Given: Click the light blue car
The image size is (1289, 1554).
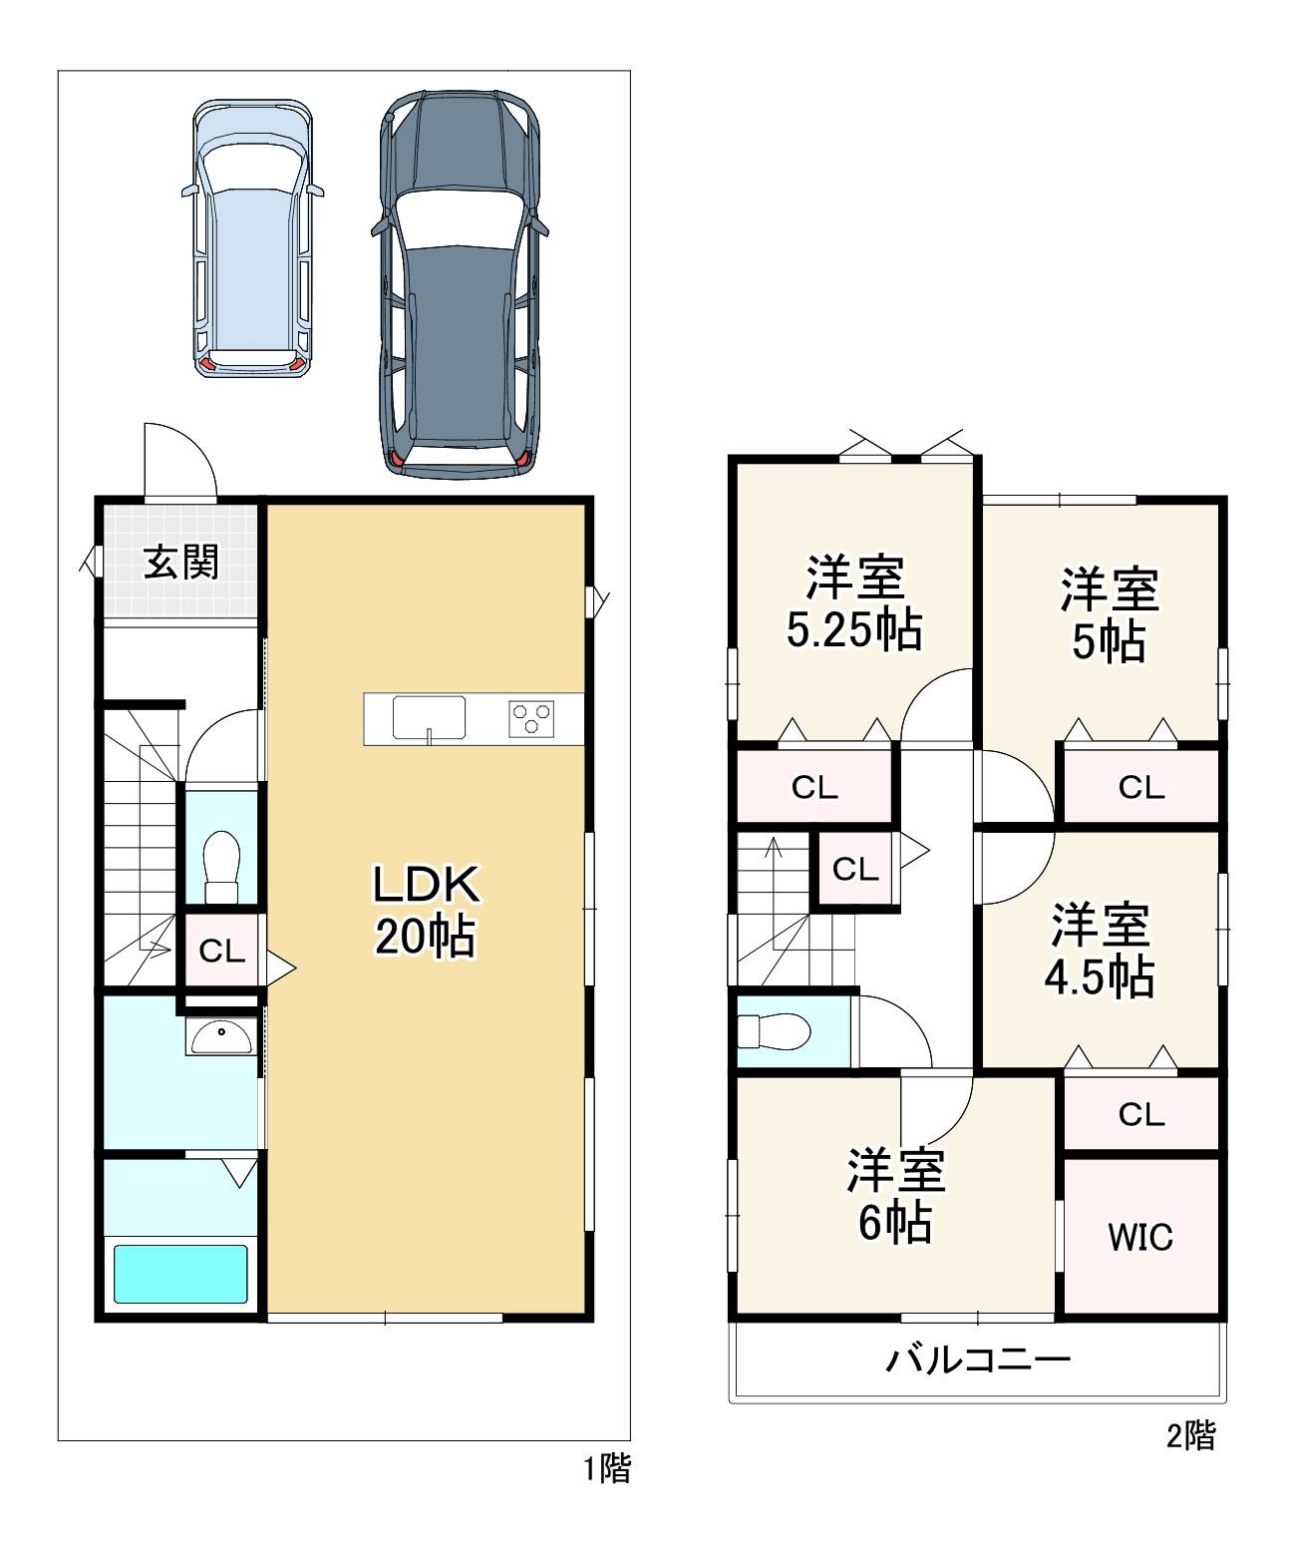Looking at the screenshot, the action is pyautogui.click(x=253, y=239).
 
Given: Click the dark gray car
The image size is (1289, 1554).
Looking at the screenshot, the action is pyautogui.click(x=460, y=283).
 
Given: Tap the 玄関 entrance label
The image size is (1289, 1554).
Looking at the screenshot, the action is pyautogui.click(x=181, y=563).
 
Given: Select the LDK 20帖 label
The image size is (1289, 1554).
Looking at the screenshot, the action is pyautogui.click(x=427, y=910).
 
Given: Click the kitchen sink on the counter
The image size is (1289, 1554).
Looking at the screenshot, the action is pyautogui.click(x=430, y=718).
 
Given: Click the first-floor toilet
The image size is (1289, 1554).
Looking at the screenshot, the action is pyautogui.click(x=221, y=867).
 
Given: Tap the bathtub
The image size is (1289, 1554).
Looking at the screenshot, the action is pyautogui.click(x=180, y=1274).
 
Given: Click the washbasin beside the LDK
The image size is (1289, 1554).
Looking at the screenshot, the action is pyautogui.click(x=221, y=1037).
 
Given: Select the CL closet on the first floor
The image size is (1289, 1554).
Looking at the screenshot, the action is pyautogui.click(x=221, y=952).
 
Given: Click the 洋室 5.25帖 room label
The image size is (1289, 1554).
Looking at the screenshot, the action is pyautogui.click(x=854, y=602).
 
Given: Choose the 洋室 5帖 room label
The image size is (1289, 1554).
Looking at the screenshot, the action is pyautogui.click(x=1109, y=614).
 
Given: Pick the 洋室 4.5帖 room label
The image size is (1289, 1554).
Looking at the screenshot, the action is pyautogui.click(x=1100, y=950).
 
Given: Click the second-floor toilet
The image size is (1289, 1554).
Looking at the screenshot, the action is pyautogui.click(x=775, y=1031).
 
